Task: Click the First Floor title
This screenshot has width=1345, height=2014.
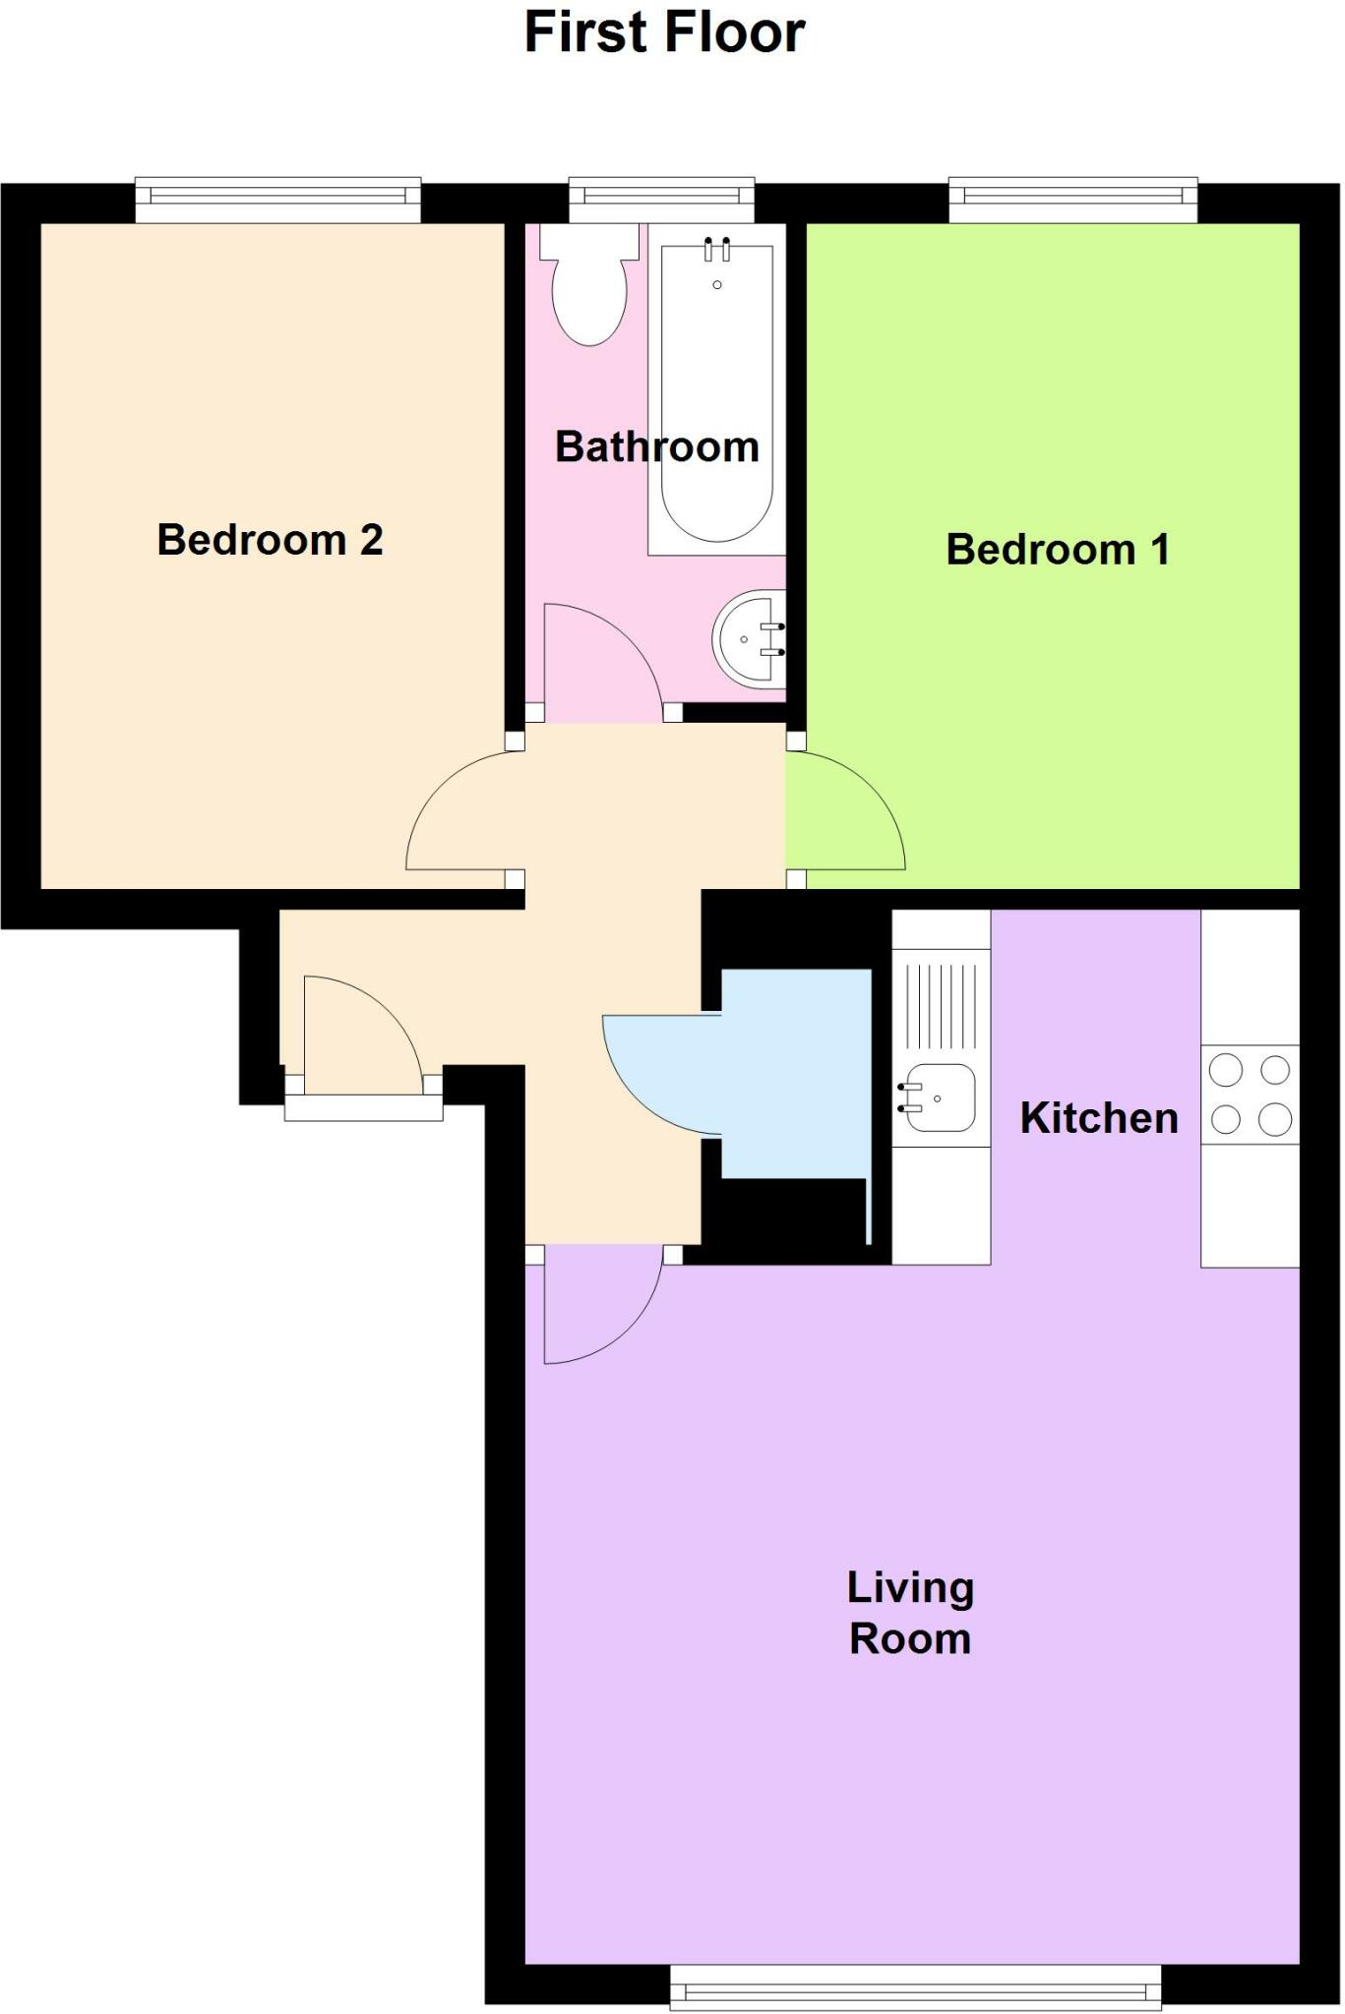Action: (665, 31)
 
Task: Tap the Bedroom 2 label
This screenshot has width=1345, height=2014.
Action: (270, 540)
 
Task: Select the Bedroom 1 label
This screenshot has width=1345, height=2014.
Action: (1058, 549)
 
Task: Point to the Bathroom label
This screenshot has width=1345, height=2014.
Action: (656, 447)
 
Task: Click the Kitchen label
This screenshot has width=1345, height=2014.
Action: (1099, 1118)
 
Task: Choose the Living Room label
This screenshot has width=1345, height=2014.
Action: (910, 1613)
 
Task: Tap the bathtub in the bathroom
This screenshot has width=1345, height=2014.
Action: (716, 393)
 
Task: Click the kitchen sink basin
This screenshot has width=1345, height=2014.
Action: (939, 1097)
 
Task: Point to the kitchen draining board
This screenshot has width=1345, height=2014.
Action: (941, 1005)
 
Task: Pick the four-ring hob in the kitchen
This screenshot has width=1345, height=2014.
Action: (1250, 1094)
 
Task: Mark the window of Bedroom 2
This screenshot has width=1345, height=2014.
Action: (277, 200)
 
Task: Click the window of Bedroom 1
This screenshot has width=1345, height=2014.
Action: (1072, 200)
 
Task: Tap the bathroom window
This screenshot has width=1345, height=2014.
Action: (661, 200)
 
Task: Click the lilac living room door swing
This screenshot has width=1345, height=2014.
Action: (590, 1303)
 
